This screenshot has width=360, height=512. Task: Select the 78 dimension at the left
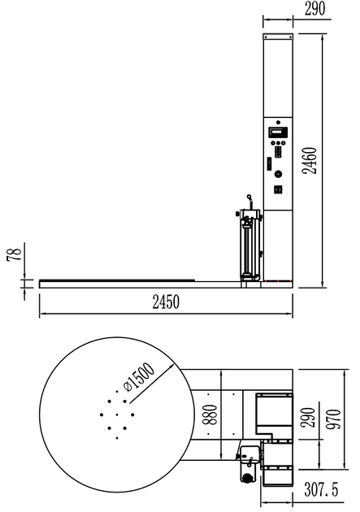[x=11, y=257]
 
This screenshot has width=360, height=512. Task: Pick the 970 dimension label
[x=332, y=421]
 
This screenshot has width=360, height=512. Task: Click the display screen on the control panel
[x=279, y=130]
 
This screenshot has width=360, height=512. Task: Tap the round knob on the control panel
[x=278, y=174]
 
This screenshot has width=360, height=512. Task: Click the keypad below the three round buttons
[x=278, y=153]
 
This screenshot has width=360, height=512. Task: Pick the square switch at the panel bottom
[x=278, y=189]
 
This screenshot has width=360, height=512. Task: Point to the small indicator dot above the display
[x=278, y=120]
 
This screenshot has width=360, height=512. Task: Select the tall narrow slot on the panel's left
[x=267, y=163]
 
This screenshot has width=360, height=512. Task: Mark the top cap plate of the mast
[x=278, y=38]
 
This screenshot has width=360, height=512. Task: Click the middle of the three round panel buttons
[x=278, y=141]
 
